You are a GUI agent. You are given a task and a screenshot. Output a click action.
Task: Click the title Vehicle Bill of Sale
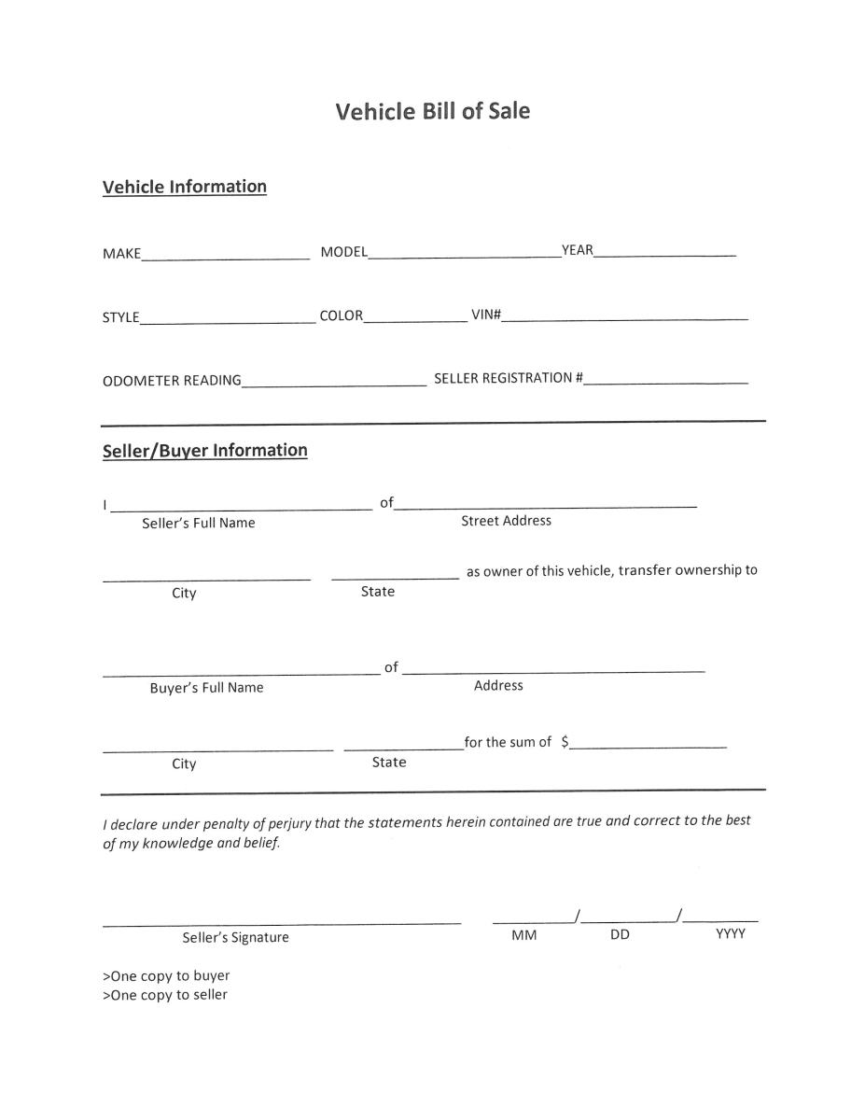click(432, 111)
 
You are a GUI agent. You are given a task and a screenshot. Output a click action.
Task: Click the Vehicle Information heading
click(184, 187)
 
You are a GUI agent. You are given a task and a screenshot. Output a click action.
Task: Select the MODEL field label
click(343, 252)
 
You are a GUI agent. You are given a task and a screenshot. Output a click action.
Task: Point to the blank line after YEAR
click(664, 254)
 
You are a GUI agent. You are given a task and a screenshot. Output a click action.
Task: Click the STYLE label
click(120, 317)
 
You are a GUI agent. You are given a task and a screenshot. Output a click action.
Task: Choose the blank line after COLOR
click(415, 319)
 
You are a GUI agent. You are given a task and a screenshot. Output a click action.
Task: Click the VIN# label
click(486, 315)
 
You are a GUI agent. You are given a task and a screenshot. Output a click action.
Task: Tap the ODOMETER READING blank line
click(333, 383)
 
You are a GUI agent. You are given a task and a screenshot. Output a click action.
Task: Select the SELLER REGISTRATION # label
click(509, 378)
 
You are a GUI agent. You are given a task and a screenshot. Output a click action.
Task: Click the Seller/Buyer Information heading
click(204, 451)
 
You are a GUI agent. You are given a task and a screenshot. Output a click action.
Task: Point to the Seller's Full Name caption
click(198, 524)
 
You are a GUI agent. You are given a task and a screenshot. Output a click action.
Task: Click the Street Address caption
click(506, 521)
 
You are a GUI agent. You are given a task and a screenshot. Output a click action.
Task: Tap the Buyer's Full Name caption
click(206, 688)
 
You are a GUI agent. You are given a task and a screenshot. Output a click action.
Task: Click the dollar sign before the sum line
click(565, 743)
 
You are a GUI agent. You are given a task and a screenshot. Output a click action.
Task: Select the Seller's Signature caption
click(235, 937)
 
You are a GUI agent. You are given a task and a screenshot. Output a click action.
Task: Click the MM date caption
click(523, 935)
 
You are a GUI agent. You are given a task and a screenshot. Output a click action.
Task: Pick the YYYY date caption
click(730, 933)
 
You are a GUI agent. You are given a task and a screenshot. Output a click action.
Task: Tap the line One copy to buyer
click(166, 976)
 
